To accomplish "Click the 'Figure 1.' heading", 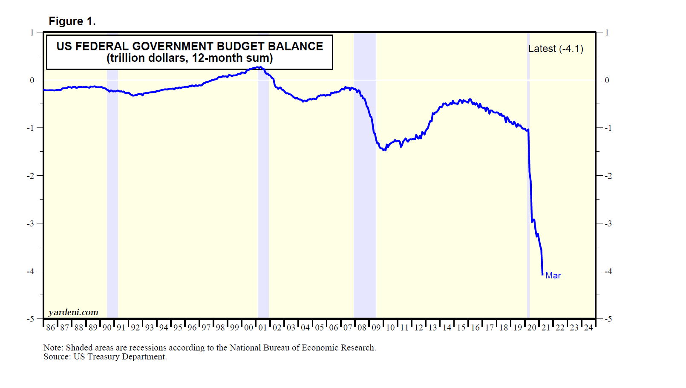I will coord(72,21).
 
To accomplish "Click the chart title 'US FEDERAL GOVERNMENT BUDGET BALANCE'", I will coord(190,46).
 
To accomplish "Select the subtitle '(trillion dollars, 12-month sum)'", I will coord(190,58).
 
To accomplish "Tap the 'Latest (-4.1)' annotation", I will coord(556,49).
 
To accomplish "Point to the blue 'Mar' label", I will coord(553,275).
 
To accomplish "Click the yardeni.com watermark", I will coord(73,312).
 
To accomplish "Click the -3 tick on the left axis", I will coord(31,223).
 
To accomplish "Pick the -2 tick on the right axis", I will coord(608,176).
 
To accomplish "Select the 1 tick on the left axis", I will coord(32,32).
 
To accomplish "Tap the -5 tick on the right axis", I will coord(608,319).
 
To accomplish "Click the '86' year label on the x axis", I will coord(51,327).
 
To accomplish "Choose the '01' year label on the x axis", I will coord(263,327).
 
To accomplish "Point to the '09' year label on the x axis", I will coord(376,327).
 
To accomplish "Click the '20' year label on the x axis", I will coord(532,327).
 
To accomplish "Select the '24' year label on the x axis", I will coord(588,327).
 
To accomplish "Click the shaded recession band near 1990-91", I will coord(112,192).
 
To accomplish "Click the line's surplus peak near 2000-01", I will coord(259,67).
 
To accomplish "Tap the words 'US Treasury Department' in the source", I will coord(120,357).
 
